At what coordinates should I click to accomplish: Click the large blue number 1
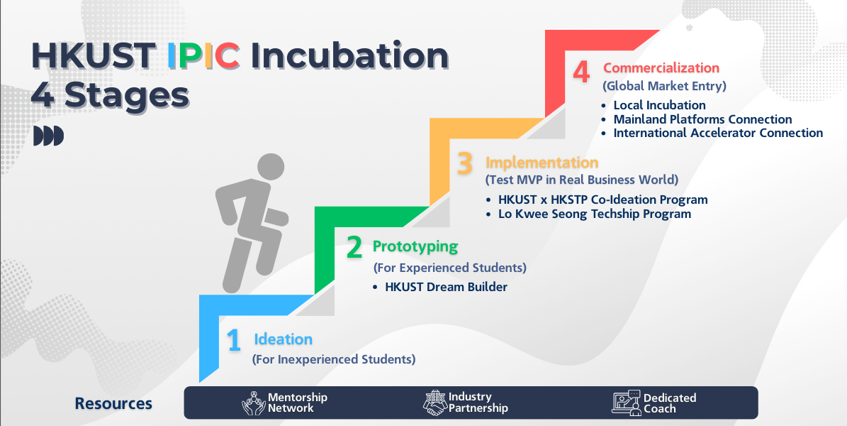tap(234, 341)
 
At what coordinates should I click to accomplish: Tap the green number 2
tap(354, 247)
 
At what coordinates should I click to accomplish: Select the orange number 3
tap(465, 164)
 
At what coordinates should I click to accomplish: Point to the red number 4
tap(580, 72)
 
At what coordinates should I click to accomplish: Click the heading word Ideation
tap(283, 339)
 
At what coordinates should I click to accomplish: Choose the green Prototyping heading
tap(415, 247)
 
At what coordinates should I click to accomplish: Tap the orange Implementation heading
tap(542, 163)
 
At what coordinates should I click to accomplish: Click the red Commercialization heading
tap(661, 68)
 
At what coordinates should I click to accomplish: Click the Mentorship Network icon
tap(253, 403)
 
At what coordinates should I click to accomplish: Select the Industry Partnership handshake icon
tap(435, 403)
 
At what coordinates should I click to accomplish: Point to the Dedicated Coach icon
tap(626, 402)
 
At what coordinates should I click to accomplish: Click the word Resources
tap(113, 403)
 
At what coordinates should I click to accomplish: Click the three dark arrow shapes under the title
tap(49, 136)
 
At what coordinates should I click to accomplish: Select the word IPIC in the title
tap(203, 56)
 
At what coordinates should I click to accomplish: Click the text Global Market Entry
tap(664, 86)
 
